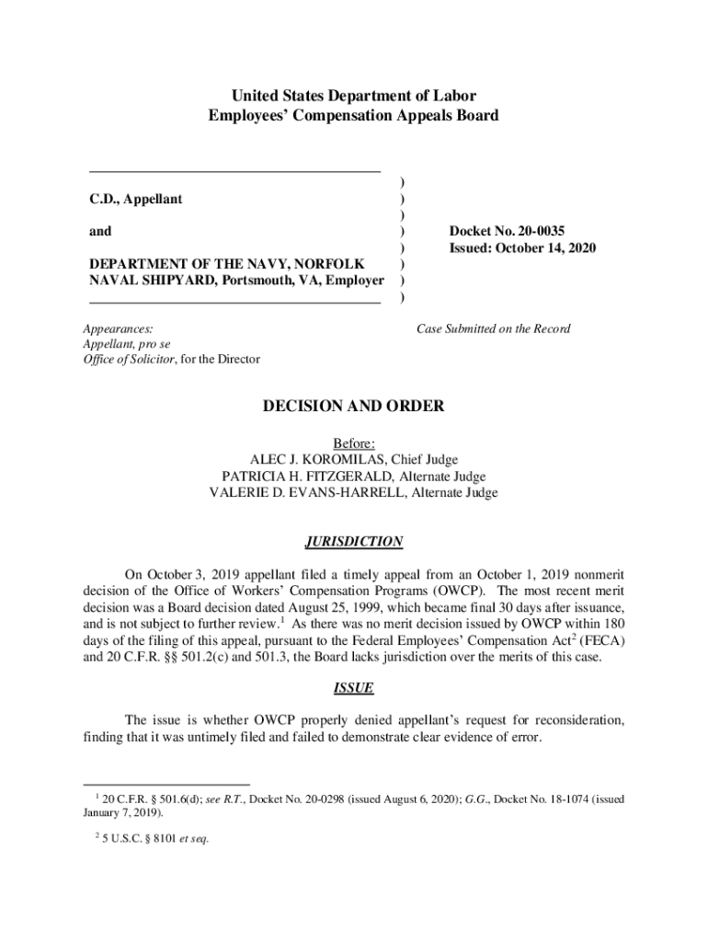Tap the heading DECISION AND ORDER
354,406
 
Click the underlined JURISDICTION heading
354,541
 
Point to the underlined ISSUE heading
354,688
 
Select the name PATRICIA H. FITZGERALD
303,477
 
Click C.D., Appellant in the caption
135,200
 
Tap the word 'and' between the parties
99,233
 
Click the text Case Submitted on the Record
493,329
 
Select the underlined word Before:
354,443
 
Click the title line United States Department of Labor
354,96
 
